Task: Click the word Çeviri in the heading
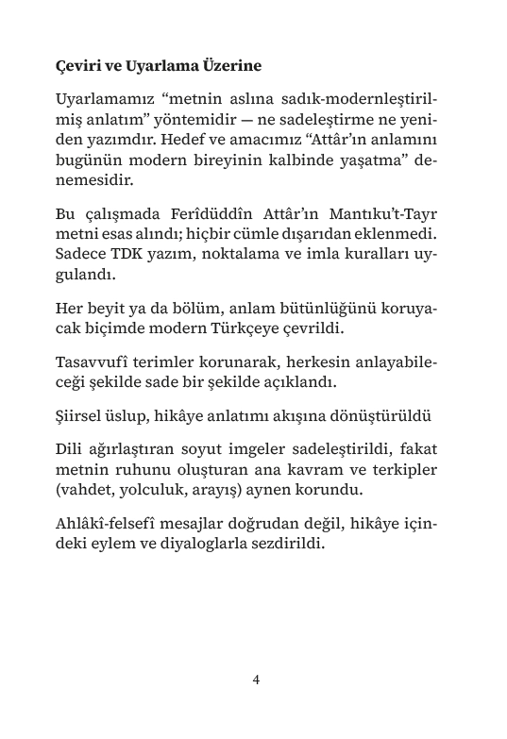click(x=77, y=67)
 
